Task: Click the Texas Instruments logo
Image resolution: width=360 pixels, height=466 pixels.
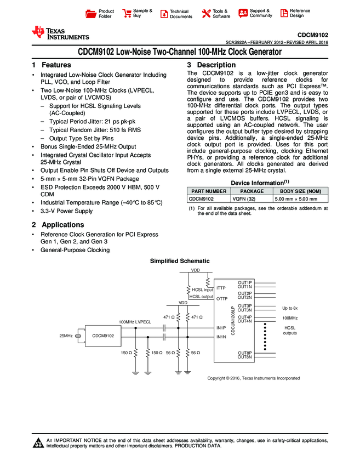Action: click(60, 33)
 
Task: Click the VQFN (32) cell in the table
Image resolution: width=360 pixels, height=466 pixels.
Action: click(244, 199)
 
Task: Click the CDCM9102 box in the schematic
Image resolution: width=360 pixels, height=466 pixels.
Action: click(103, 336)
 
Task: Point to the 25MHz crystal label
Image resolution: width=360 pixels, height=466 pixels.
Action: click(66, 336)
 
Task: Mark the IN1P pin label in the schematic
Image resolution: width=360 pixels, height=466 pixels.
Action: click(221, 328)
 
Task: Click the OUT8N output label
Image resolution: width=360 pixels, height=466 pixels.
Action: click(244, 357)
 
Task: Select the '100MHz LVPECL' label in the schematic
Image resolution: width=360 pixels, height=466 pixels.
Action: click(135, 321)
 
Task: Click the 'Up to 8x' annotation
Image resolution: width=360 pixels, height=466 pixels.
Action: click(289, 308)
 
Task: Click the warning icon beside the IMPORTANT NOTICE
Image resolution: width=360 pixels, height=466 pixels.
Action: click(38, 443)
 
